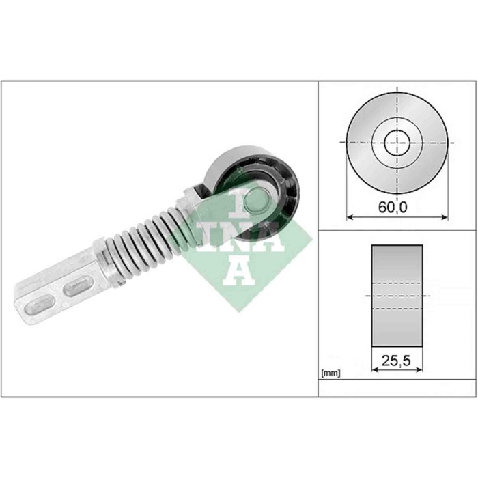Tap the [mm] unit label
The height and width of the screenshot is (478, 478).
331,373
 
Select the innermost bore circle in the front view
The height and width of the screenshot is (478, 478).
396,143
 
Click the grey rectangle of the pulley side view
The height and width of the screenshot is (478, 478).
397,294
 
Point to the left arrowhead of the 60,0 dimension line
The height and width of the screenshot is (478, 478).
349,218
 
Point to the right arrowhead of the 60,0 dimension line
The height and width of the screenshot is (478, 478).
445,218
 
